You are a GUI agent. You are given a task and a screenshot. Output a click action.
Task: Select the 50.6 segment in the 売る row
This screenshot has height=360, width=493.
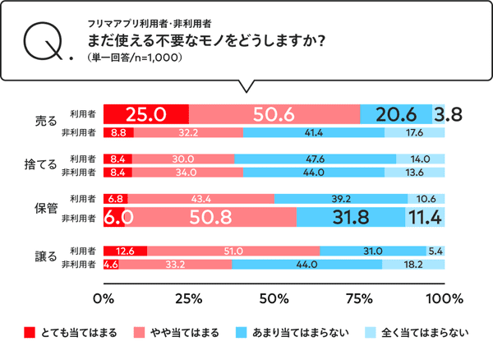pos(274,114)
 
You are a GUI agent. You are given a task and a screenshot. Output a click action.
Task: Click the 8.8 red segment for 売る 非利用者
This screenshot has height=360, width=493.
pos(117,132)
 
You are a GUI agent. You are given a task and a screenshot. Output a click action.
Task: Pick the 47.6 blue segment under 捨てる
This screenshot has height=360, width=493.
pos(316,159)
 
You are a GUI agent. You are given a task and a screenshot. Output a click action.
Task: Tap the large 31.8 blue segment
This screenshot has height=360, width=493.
pos(350,217)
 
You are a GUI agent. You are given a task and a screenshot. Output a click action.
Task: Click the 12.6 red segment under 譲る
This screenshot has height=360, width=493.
pos(125,251)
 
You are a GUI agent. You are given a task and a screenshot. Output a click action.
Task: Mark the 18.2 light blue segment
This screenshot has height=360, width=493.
pos(414,265)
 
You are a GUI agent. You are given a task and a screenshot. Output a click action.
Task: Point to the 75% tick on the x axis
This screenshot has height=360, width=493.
pos(359,297)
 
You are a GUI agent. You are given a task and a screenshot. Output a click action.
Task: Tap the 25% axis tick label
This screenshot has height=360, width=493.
pos(189,297)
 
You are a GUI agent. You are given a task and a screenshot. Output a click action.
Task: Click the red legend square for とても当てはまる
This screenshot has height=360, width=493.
pos(30,333)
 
